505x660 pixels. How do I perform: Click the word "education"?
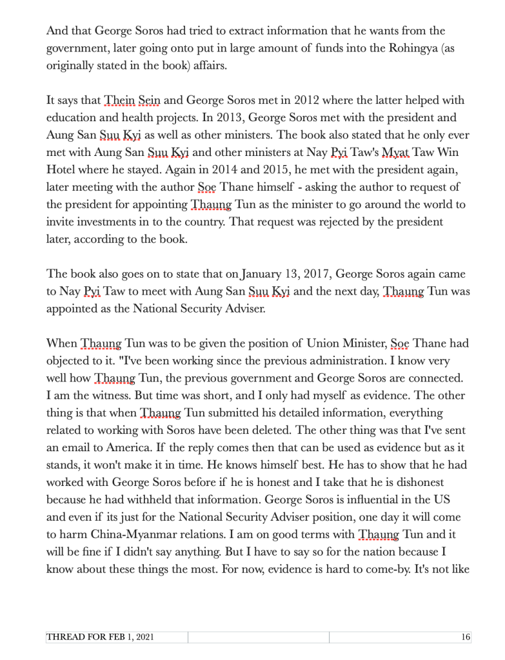click(71, 119)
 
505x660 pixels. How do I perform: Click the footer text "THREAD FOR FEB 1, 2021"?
click(100, 638)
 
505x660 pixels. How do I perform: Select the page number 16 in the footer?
click(466, 638)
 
